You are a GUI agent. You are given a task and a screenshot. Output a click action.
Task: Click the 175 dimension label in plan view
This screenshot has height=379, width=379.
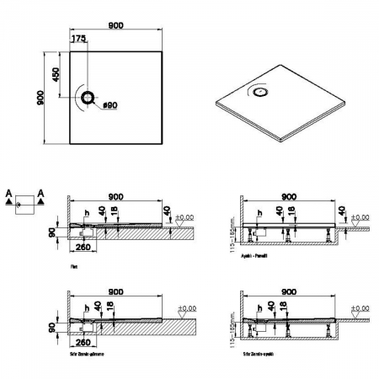[x=78, y=40]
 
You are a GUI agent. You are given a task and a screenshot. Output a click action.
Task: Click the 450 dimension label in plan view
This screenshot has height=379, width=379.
[x=57, y=74]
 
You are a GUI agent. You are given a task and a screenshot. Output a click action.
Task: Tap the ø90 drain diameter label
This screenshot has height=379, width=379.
[x=109, y=107]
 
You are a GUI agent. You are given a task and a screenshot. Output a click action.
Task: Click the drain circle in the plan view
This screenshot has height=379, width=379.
[x=88, y=98]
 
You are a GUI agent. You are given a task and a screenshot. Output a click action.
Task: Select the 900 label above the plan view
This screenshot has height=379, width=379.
[x=116, y=26]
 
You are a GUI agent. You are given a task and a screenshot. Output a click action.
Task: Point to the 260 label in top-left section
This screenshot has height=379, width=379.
[x=83, y=248]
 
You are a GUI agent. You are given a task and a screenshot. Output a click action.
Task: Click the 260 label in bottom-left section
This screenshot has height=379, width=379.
[x=83, y=344]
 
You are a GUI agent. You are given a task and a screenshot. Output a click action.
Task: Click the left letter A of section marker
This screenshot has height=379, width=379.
[x=8, y=194]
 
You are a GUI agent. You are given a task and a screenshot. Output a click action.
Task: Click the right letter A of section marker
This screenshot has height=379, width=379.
[x=40, y=194]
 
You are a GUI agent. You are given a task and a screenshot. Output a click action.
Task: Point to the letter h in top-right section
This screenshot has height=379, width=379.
[x=259, y=212]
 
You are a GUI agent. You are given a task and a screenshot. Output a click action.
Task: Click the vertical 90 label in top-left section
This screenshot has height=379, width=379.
[x=52, y=231]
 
